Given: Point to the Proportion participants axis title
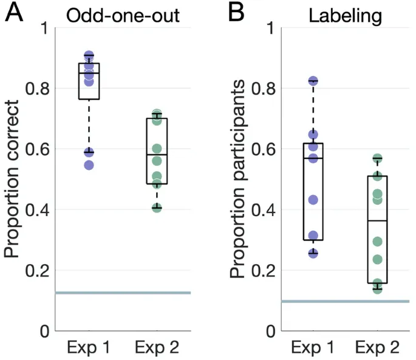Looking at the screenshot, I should [238, 179].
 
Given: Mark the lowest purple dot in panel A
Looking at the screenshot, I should [89, 165].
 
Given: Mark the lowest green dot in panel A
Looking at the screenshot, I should [157, 208].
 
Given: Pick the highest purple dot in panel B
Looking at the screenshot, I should [313, 81].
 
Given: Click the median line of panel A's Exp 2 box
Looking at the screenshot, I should [157, 155].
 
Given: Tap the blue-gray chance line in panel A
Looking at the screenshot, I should [121, 293].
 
